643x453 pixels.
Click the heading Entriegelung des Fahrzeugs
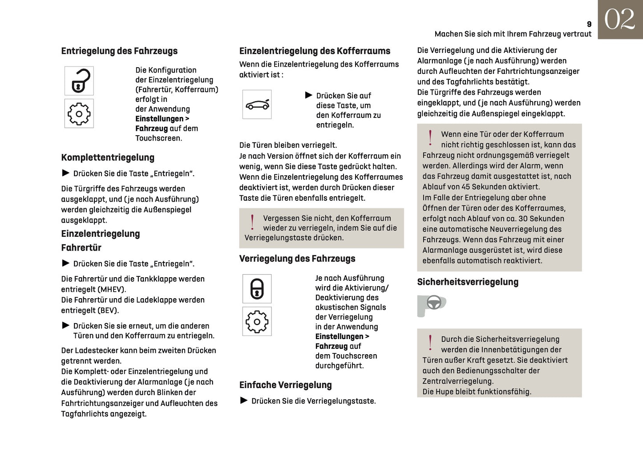119,51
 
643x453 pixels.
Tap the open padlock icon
79,81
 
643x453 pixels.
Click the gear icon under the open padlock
79,114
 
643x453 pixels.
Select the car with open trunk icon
257,105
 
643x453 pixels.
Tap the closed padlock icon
257,289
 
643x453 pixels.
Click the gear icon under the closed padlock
257,321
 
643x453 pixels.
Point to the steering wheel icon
433,303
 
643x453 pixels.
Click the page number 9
589,24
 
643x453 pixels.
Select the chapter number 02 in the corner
619,20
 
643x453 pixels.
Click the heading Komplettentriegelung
108,158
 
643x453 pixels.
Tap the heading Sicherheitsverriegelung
468,282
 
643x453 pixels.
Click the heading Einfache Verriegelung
286,385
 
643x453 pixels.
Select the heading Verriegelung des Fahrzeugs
297,259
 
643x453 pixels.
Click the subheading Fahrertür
81,248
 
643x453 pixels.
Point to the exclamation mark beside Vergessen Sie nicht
252,222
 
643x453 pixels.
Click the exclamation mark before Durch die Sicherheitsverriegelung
430,343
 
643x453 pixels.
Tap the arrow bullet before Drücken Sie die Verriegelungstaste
244,400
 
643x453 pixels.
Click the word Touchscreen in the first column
158,138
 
